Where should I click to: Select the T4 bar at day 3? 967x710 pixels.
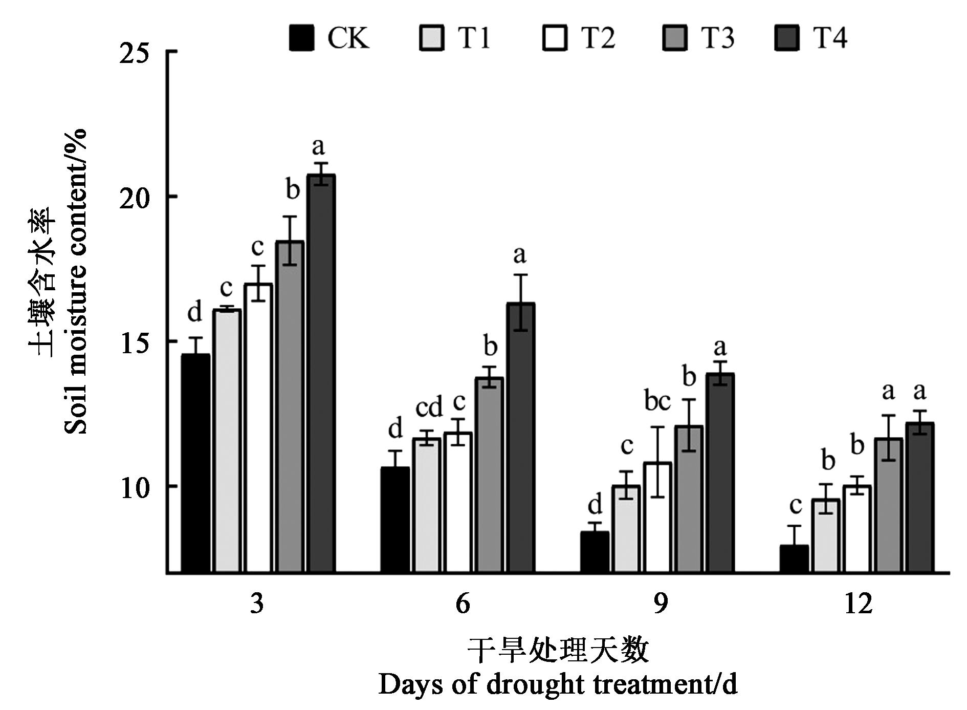321,374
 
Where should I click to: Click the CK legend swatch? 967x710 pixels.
301,38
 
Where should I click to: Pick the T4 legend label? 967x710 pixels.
830,38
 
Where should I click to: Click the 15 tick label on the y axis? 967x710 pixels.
134,342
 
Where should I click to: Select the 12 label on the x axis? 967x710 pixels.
858,604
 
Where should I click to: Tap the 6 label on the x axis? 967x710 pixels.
462,604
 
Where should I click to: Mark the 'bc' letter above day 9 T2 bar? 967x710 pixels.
657,402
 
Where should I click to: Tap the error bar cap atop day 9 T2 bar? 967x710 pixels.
657,427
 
